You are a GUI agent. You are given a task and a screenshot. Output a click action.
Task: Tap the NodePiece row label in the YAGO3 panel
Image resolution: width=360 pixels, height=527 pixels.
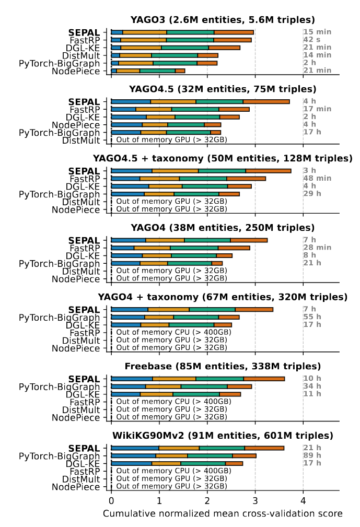click(76, 71)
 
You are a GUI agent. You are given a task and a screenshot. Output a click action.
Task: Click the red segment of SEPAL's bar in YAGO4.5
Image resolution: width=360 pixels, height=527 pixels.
click(266, 101)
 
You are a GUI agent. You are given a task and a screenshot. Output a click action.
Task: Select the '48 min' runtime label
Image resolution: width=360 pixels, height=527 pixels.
click(317, 179)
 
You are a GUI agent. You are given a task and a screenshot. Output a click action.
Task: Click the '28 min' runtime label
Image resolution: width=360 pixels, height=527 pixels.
click(317, 248)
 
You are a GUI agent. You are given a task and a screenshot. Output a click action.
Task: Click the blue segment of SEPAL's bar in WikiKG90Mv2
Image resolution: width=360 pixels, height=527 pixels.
click(135, 448)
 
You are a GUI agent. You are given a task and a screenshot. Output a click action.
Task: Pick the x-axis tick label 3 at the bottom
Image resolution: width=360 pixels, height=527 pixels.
click(255, 501)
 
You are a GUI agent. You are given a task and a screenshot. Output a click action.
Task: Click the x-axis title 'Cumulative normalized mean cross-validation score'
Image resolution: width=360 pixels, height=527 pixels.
click(223, 514)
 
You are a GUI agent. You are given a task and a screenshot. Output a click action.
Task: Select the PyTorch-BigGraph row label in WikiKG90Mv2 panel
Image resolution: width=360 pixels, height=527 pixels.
click(59, 456)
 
